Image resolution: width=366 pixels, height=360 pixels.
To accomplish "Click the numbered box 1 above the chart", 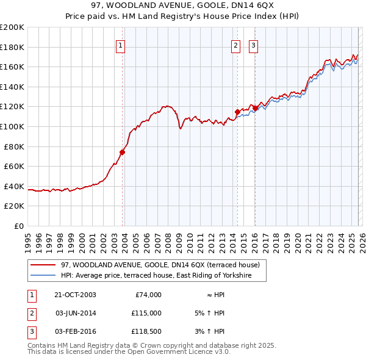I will click(x=120, y=45).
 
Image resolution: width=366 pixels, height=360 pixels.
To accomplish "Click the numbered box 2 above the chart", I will click(x=235, y=45).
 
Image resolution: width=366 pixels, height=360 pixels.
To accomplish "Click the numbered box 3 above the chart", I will click(x=253, y=45).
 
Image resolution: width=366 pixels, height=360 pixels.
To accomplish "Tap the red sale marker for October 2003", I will click(x=123, y=153).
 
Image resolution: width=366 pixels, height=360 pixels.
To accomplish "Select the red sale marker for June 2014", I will click(x=237, y=112).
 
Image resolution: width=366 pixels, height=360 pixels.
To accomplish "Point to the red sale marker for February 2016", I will click(x=255, y=109).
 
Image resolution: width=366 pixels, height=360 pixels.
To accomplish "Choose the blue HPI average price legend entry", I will click(x=163, y=276).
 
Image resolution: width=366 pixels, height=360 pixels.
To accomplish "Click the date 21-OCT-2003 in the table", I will click(x=75, y=295).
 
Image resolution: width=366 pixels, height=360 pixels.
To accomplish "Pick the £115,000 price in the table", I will click(x=146, y=313).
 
